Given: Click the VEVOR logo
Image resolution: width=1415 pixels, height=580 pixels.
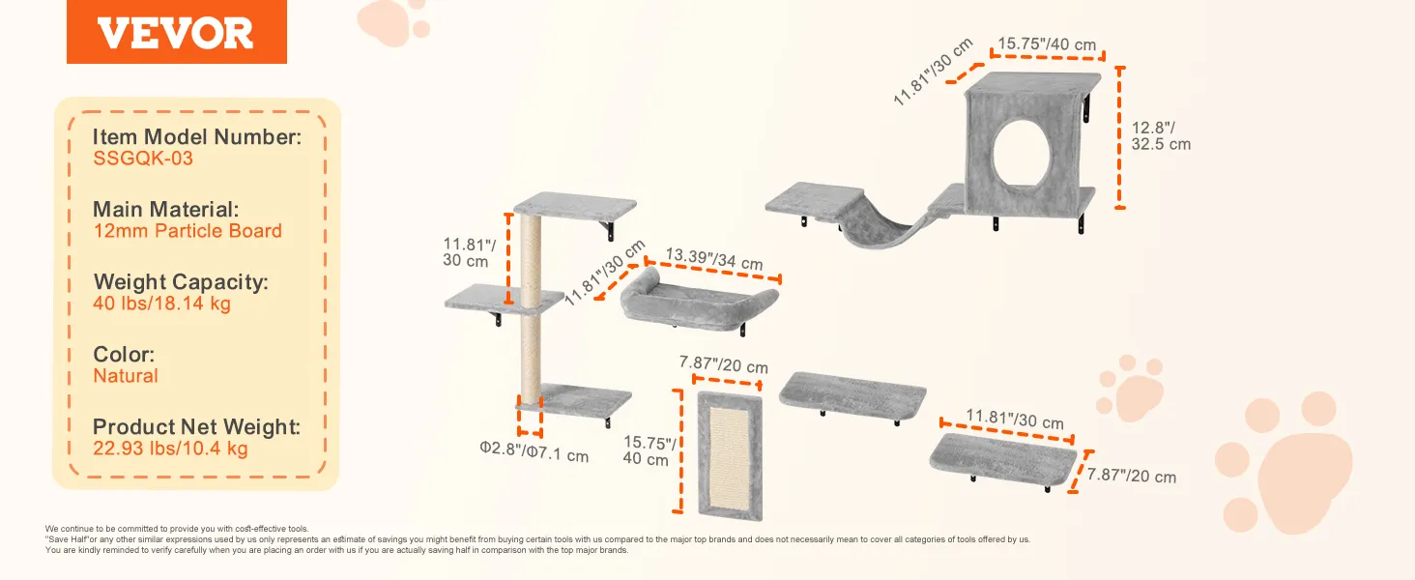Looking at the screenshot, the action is coord(176,32).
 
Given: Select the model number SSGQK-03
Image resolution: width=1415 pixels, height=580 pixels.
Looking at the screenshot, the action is coord(143,158).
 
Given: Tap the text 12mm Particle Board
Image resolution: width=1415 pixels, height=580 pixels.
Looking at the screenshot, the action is coord(188,231).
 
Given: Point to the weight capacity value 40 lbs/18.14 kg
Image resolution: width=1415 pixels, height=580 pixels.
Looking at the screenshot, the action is coord(161,304).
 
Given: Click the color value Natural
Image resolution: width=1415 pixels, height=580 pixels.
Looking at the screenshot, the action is coord(126,376).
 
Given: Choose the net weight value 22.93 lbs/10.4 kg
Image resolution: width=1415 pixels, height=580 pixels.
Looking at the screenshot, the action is coord(170,449).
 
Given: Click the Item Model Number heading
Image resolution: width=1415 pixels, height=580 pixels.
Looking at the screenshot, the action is coord(197,136).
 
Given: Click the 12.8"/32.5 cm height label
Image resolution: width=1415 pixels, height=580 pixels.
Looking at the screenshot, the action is coord(1161,136).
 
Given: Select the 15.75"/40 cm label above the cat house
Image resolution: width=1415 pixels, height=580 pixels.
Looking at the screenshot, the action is coord(1047,44).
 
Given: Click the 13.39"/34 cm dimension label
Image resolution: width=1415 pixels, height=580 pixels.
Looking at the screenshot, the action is coord(714,258).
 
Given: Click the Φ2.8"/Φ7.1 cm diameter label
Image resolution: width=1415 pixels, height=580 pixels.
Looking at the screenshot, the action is coord(534,451).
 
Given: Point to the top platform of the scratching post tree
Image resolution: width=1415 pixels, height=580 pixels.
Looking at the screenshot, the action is coord(575,206).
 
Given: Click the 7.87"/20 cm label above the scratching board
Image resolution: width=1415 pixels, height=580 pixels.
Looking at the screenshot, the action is coord(723,364).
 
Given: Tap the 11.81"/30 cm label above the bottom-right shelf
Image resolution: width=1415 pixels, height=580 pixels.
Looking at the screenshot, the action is coord(1015,419).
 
